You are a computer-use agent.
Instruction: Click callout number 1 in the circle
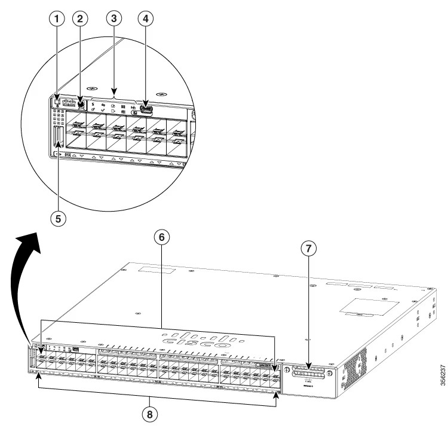(x=56, y=19)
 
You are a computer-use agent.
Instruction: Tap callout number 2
(x=81, y=19)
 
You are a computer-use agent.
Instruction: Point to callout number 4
(x=144, y=19)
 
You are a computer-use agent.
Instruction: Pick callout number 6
(x=160, y=237)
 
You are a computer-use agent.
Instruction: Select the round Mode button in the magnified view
(x=81, y=105)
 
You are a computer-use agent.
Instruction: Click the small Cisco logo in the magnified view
(x=70, y=102)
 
